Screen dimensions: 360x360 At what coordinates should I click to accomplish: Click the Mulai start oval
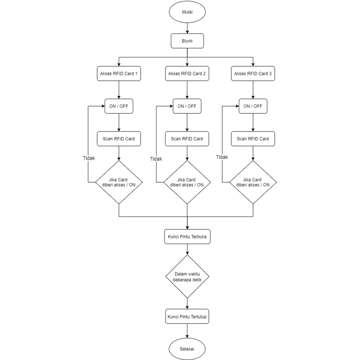coord(187,12)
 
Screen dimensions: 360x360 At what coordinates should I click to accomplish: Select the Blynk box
coord(187,41)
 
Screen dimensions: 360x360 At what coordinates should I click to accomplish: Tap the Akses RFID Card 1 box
coord(119,73)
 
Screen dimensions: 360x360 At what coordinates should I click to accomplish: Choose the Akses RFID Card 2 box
coord(187,73)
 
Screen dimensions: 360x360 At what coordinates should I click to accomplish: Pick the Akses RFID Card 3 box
coord(253,73)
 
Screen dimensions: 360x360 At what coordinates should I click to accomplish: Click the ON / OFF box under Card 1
coord(119,106)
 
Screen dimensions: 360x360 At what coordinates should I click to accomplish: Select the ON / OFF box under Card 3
coord(253,106)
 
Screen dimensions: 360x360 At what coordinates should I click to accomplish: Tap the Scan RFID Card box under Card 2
coord(187,139)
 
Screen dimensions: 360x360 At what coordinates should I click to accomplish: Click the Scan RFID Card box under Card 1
coord(119,139)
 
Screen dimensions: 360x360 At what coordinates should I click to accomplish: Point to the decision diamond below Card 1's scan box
coord(119,182)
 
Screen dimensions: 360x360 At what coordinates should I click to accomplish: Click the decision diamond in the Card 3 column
coord(253,182)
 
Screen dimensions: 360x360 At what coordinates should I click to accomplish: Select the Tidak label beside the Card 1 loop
coord(89,158)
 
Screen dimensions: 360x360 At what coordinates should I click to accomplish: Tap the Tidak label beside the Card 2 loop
coord(156,159)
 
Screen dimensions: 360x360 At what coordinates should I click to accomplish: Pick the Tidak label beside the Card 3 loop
coord(222,157)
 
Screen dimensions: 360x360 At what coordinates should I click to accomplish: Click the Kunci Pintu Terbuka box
coord(187,237)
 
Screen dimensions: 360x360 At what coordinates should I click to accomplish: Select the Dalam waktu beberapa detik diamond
coord(187,276)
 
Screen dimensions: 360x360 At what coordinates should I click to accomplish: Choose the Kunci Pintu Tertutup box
coord(187,316)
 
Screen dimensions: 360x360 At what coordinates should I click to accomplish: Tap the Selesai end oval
coord(187,349)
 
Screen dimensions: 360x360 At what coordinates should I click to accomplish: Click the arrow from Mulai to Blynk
coord(187,28)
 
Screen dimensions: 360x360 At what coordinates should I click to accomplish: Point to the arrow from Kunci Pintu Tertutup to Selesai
coord(187,331)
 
